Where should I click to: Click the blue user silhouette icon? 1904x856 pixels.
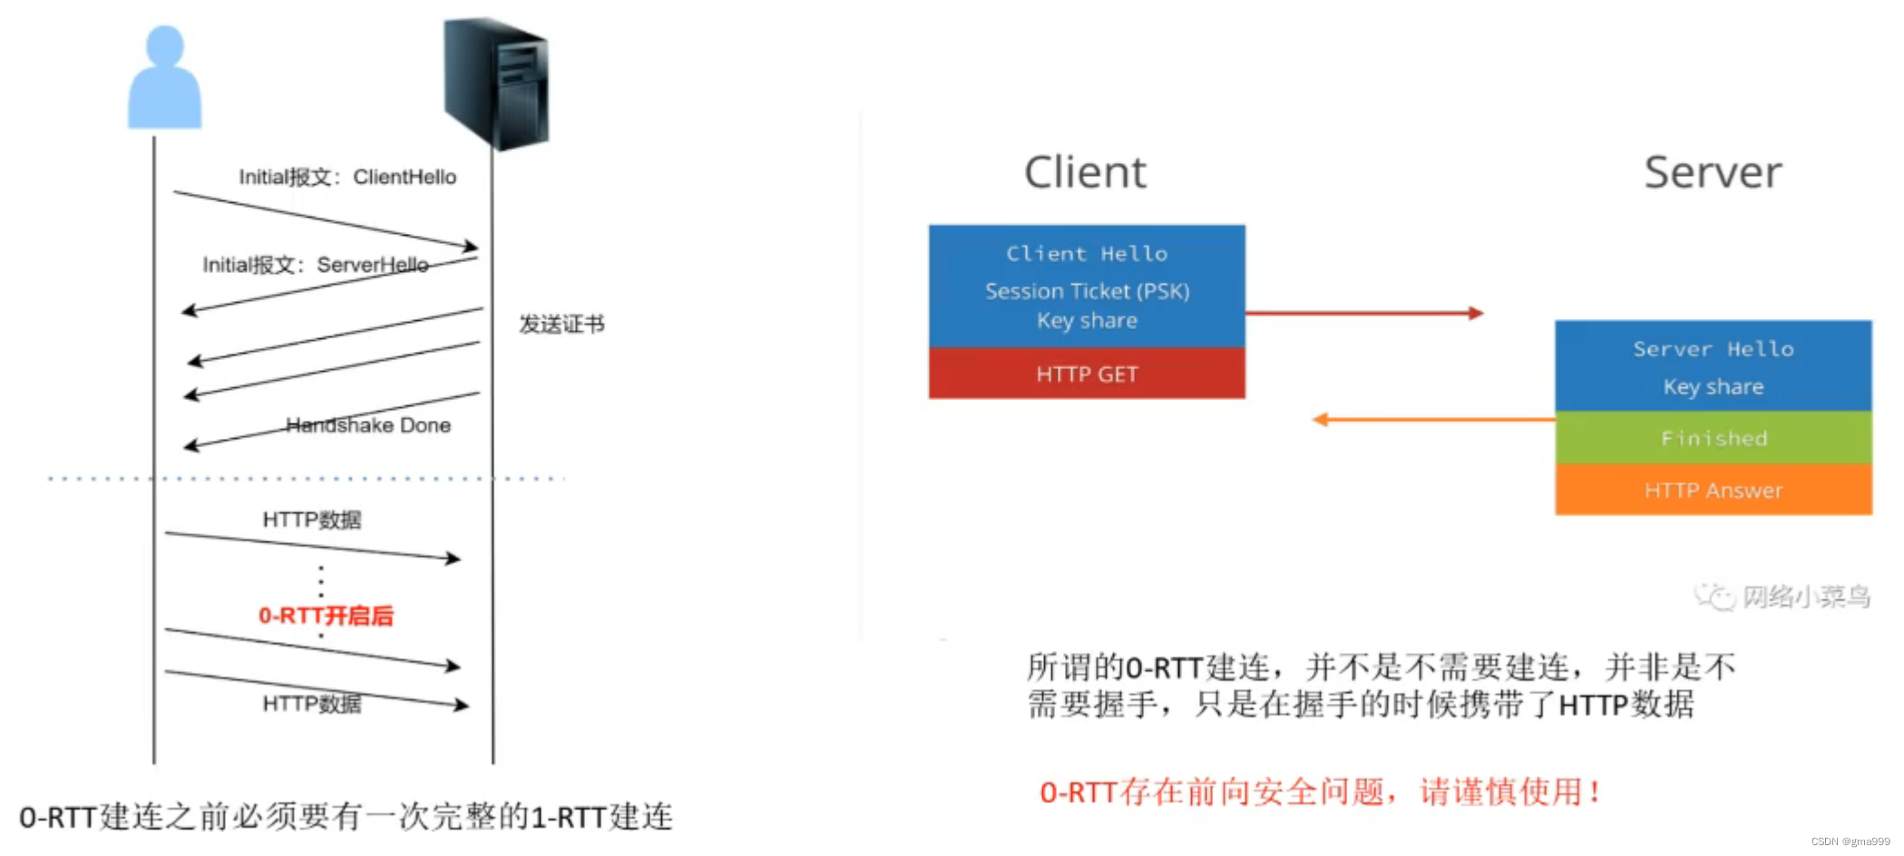(x=164, y=80)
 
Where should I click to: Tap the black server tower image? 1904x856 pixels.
(x=497, y=83)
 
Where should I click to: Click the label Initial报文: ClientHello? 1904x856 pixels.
(x=347, y=177)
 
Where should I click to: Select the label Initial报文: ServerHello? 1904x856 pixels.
(x=315, y=265)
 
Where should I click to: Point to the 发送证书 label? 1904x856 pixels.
(x=561, y=325)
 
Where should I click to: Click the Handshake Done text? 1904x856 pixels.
(x=368, y=425)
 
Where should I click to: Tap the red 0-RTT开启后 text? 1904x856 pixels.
(x=327, y=616)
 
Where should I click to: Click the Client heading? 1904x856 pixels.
(x=1085, y=172)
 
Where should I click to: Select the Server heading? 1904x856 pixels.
(x=1713, y=172)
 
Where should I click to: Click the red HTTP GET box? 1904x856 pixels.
(x=1087, y=374)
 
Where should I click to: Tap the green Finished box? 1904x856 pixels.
(x=1714, y=438)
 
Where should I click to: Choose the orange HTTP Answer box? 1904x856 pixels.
(x=1714, y=491)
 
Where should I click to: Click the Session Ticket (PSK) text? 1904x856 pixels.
(x=1087, y=291)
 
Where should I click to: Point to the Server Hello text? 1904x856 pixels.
(x=1714, y=349)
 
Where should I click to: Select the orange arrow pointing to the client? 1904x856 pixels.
(x=1433, y=419)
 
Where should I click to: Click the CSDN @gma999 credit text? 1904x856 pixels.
(x=1850, y=841)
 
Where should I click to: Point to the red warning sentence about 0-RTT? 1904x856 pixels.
(x=1320, y=792)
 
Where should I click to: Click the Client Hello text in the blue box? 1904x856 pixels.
(x=1087, y=254)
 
